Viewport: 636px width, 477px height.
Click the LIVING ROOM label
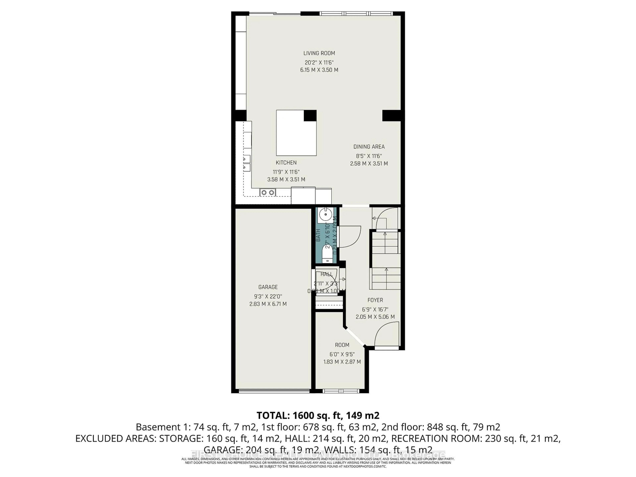[319, 53]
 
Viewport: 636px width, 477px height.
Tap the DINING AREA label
[369, 147]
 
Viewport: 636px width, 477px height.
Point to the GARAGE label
[268, 287]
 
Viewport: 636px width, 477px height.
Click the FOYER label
[375, 300]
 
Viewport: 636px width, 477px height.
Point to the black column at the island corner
[310, 116]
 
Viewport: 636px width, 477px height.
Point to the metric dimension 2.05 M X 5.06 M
[375, 317]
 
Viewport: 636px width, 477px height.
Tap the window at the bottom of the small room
[341, 391]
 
